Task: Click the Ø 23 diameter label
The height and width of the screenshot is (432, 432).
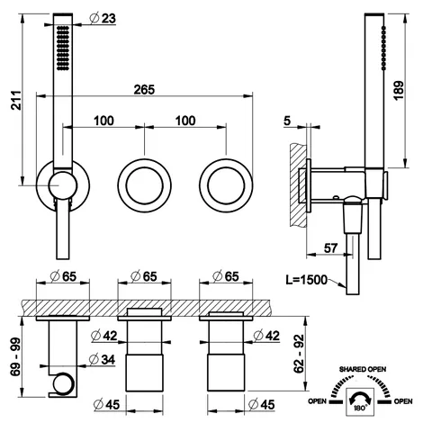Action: pyautogui.click(x=103, y=18)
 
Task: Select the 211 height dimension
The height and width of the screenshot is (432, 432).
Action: pyautogui.click(x=16, y=100)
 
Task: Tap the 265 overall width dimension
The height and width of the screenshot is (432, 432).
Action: pyautogui.click(x=144, y=89)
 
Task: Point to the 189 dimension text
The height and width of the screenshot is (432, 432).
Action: pyautogui.click(x=399, y=90)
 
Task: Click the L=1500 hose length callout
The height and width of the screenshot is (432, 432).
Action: pyautogui.click(x=306, y=280)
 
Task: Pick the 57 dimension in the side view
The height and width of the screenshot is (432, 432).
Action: pyautogui.click(x=330, y=248)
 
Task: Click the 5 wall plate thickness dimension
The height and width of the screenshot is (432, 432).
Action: pyautogui.click(x=287, y=121)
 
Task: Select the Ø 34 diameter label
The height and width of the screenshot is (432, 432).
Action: pyautogui.click(x=103, y=359)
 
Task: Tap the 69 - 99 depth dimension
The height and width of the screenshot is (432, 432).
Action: pyautogui.click(x=15, y=356)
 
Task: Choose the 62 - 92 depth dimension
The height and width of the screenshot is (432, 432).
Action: pyautogui.click(x=299, y=354)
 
